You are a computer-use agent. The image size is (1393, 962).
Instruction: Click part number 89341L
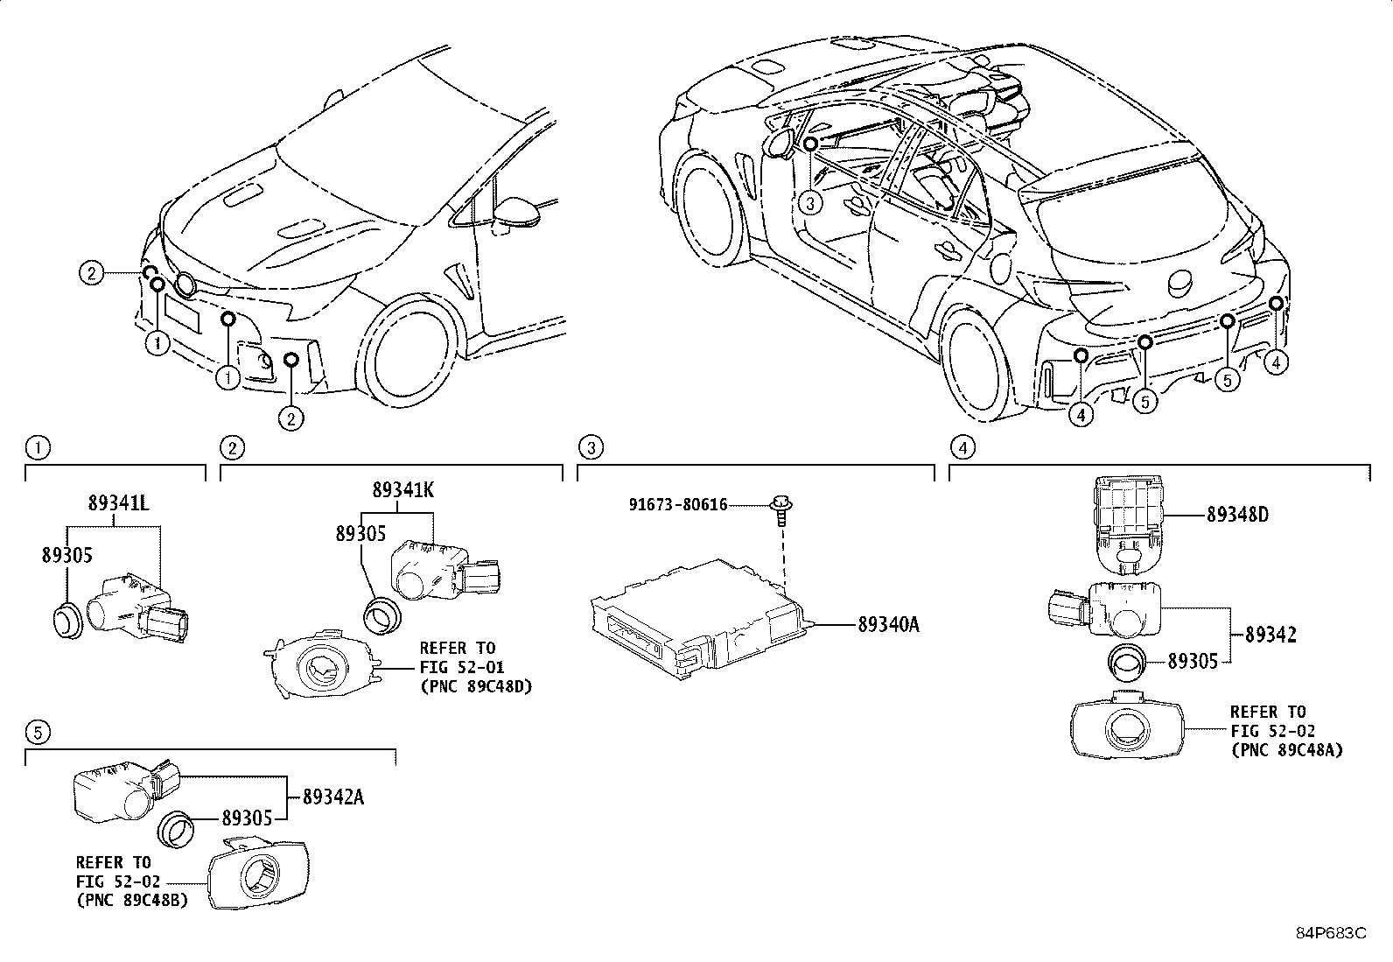click(118, 503)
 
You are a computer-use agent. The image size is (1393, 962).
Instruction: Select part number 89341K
click(402, 489)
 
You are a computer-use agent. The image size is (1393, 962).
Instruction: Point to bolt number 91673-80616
click(678, 505)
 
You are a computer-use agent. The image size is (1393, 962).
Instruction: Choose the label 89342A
click(333, 797)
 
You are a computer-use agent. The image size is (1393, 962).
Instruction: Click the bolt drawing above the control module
click(778, 508)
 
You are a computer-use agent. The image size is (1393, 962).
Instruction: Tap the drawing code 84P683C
click(1330, 933)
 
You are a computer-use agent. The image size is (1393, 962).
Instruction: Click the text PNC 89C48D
click(476, 685)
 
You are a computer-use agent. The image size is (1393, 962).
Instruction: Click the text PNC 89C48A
click(1286, 750)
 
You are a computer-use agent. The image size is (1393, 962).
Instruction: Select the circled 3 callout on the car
click(811, 204)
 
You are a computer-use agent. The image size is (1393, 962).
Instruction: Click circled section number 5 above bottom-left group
click(36, 731)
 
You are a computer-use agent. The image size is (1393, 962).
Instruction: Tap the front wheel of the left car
click(411, 352)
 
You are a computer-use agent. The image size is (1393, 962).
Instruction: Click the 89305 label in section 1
click(66, 555)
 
